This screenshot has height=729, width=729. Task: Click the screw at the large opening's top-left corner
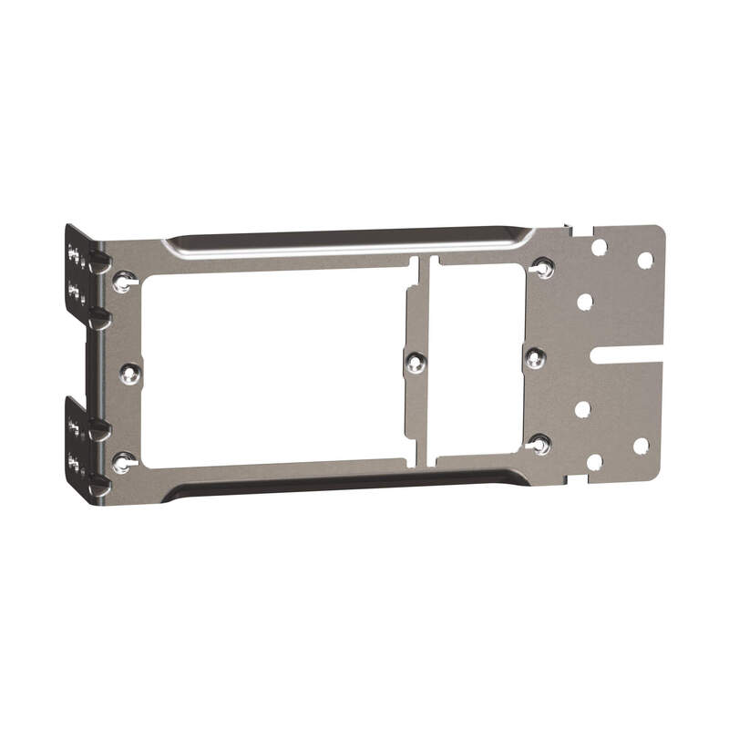pos(123,282)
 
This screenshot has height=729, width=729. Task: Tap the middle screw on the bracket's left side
pos(130,372)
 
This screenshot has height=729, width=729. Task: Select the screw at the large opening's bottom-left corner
pos(122,462)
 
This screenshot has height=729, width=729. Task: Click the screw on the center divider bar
pos(416,363)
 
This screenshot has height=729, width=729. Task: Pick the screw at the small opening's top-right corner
pos(543,269)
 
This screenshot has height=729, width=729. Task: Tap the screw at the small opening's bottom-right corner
pos(539,445)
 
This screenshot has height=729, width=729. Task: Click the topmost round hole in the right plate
pos(599,247)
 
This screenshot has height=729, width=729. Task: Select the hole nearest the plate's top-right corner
pos(644,261)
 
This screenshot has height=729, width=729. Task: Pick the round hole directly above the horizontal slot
pos(585,302)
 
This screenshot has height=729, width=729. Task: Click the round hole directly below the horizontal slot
pos(582,409)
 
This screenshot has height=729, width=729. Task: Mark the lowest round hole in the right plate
pos(594,462)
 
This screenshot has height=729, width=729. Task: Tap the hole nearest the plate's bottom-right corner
pos(641,446)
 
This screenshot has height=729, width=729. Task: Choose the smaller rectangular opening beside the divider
pos(476,360)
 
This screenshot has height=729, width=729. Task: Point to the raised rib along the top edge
pos(346,241)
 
